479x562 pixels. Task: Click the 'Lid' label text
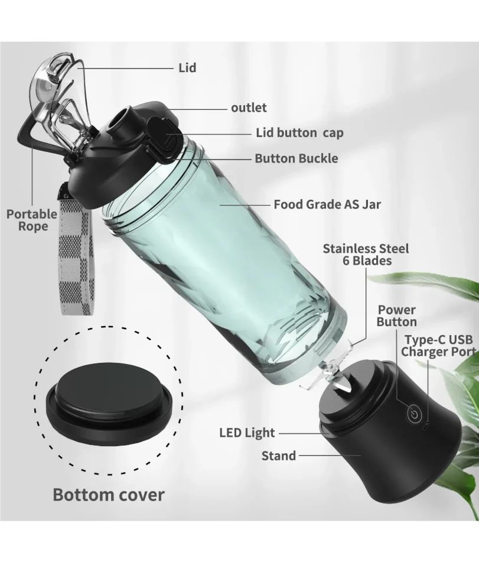[187, 68]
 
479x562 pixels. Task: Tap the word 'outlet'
[249, 108]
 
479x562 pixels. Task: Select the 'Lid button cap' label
[299, 132]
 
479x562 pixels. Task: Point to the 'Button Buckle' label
[296, 158]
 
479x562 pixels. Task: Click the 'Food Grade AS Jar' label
[327, 204]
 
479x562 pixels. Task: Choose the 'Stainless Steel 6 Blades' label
[366, 255]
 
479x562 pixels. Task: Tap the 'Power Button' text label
[396, 316]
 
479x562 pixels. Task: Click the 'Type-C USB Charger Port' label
[439, 346]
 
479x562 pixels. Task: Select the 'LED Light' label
[247, 433]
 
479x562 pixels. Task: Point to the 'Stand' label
[279, 456]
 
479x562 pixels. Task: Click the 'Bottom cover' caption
[109, 495]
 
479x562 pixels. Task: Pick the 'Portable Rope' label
[32, 220]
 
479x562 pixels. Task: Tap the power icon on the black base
[414, 414]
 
